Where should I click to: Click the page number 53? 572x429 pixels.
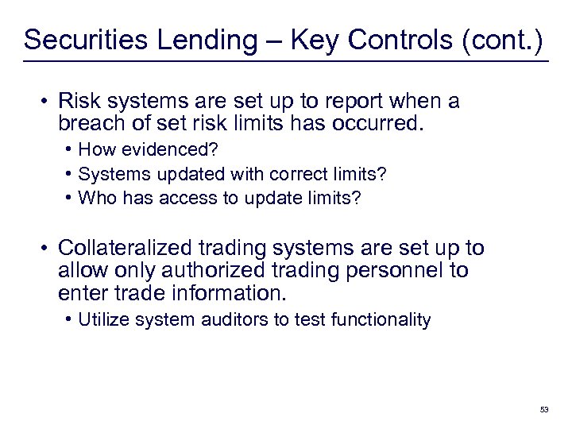point(543,409)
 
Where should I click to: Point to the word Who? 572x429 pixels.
point(96,198)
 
